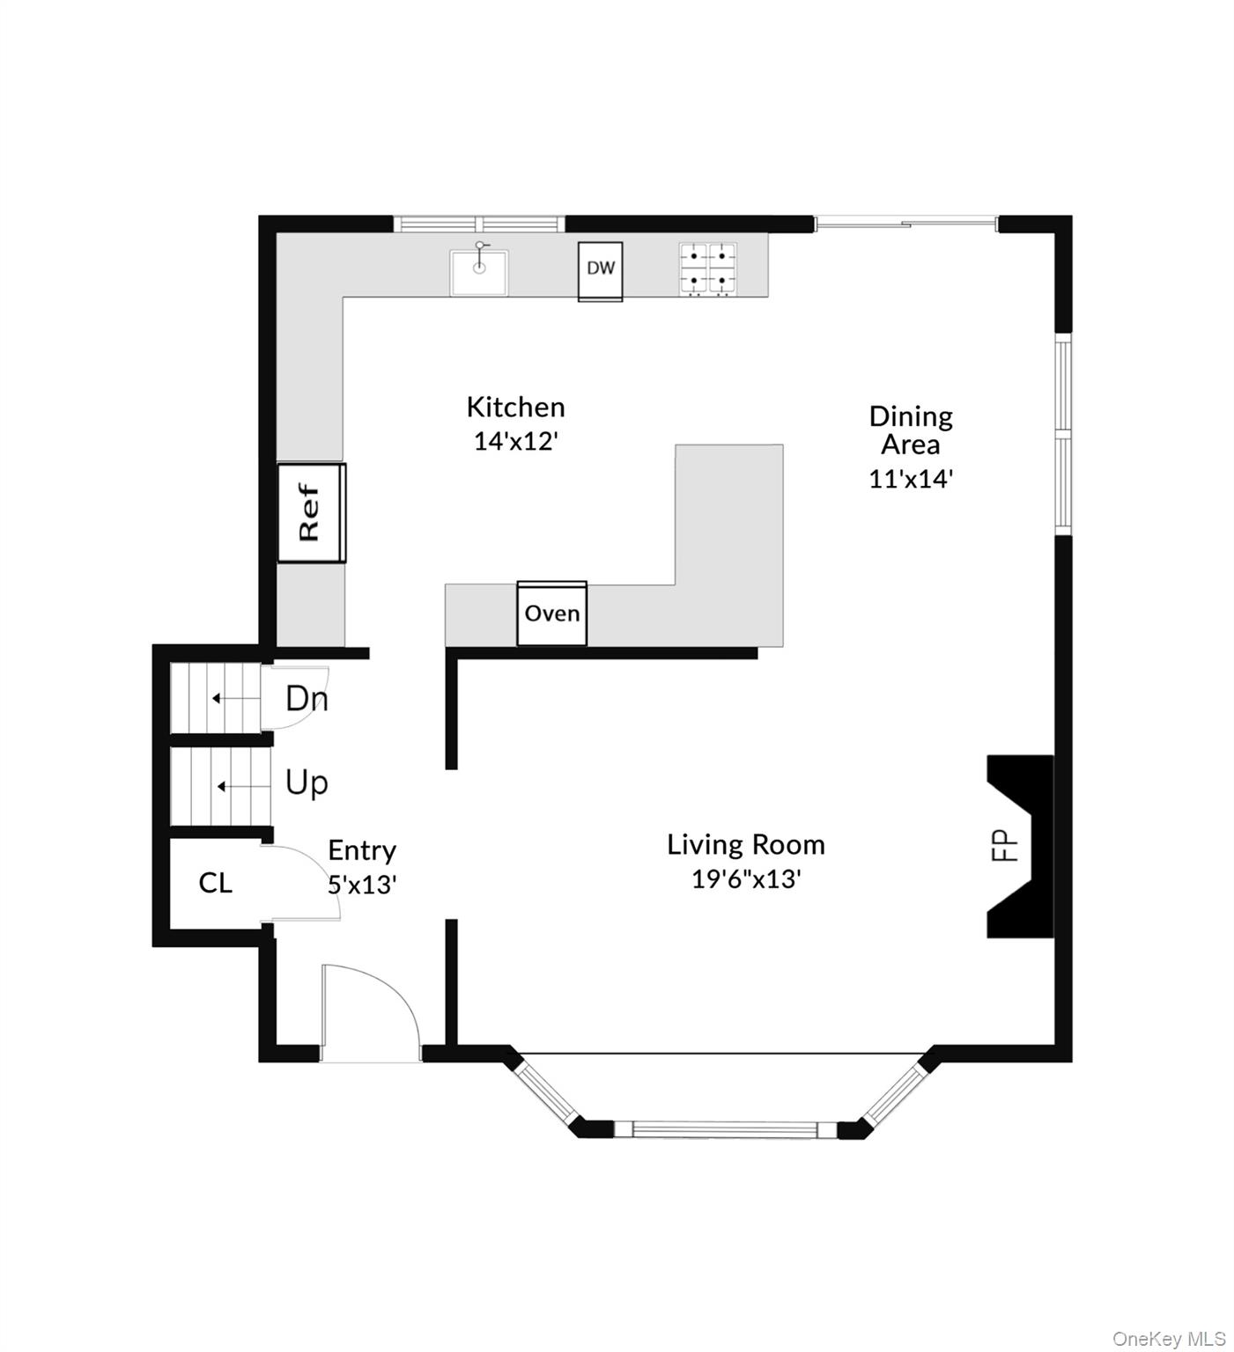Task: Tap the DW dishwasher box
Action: (601, 271)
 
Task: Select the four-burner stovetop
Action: (707, 268)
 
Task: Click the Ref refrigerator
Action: (312, 512)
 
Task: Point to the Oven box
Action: (552, 613)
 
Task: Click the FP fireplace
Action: (1020, 846)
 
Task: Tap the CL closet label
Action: (216, 882)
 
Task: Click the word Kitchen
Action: (515, 407)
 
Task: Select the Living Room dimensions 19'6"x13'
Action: (746, 878)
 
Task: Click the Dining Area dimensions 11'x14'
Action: (911, 479)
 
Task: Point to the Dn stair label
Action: (307, 699)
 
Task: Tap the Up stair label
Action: (307, 783)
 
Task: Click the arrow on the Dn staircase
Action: (235, 699)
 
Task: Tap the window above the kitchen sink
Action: (479, 224)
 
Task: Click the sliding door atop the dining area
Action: (905, 224)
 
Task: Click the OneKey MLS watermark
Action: (1169, 1339)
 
